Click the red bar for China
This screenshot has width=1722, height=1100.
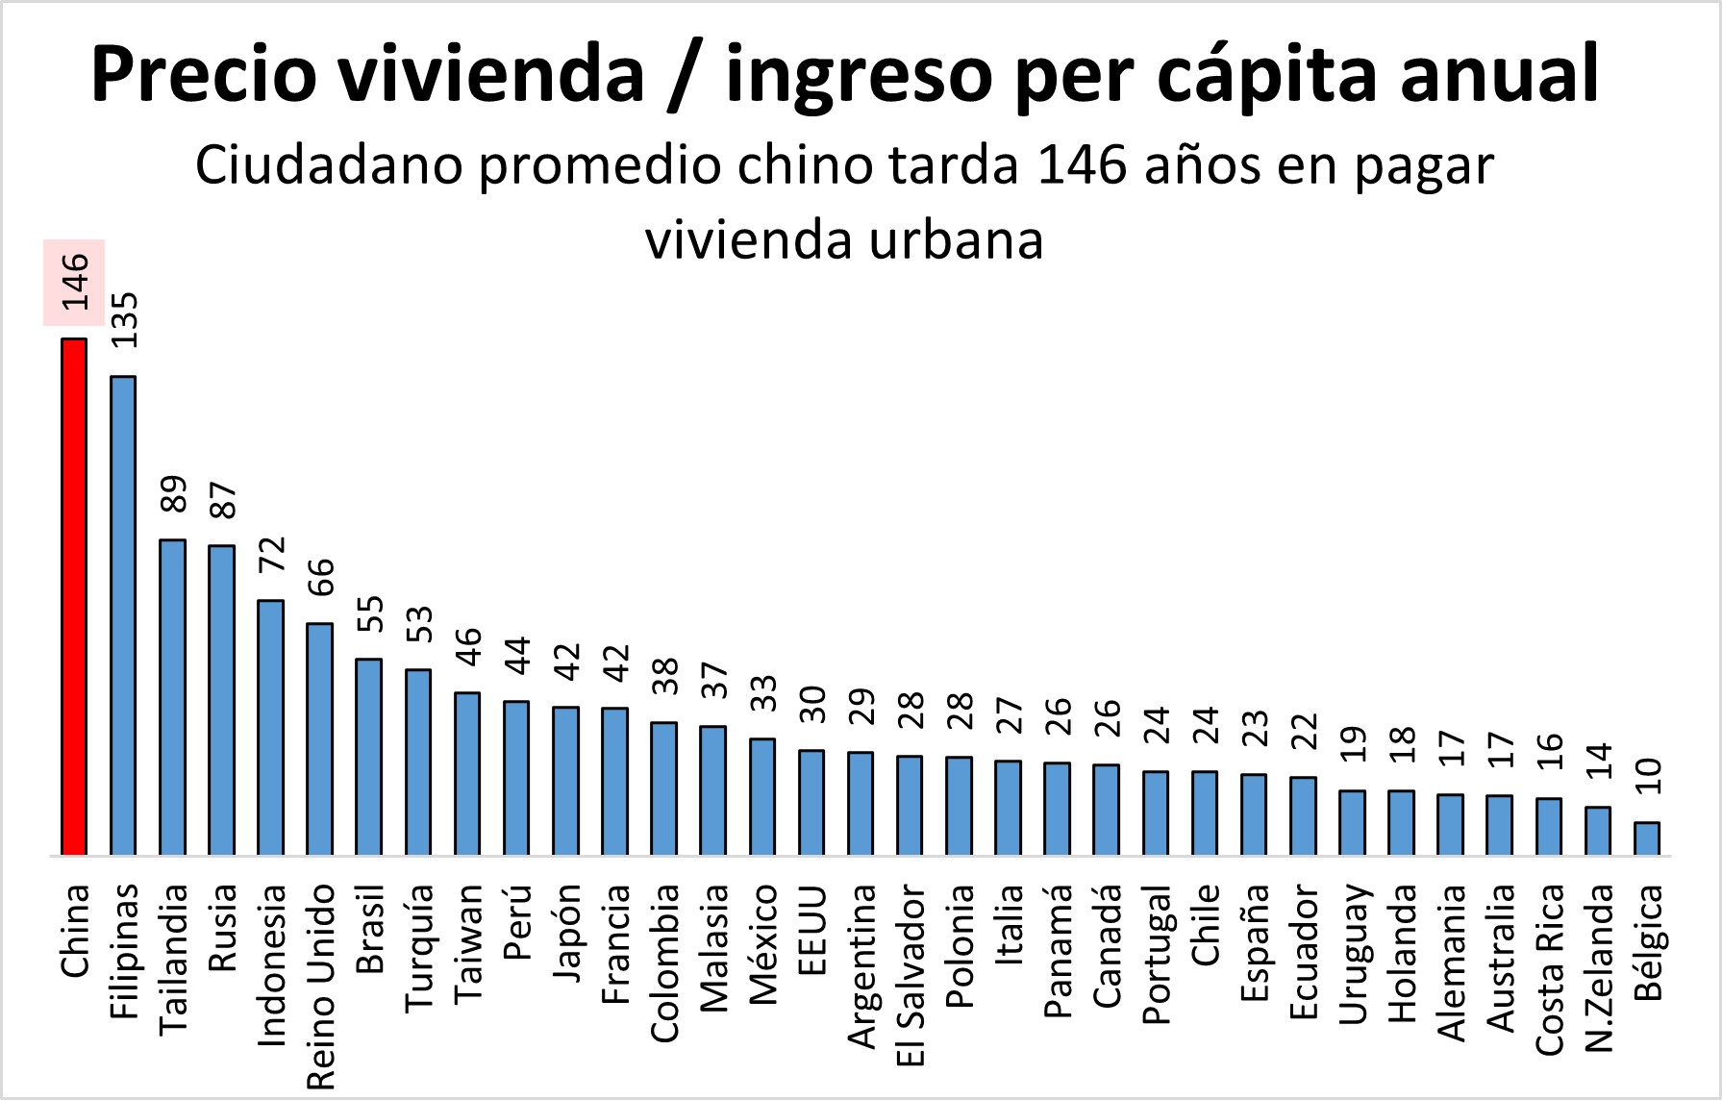point(74,596)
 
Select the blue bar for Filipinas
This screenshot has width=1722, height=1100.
point(123,615)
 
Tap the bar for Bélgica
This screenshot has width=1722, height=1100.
point(1646,838)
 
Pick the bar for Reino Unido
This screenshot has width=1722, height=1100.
point(319,738)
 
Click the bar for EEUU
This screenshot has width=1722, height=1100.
point(811,802)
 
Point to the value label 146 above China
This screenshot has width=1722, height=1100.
point(75,282)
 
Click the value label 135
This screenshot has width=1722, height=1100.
point(124,319)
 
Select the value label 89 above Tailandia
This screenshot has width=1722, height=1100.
point(173,495)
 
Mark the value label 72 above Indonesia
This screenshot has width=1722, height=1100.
point(272,554)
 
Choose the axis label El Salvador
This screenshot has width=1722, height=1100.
point(911,975)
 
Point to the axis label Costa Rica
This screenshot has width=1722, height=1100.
point(1549,969)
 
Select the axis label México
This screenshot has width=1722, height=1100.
point(763,944)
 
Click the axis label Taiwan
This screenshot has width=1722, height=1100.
point(468,942)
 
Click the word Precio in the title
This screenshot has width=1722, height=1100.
point(203,74)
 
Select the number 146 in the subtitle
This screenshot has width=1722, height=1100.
point(1082,164)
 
